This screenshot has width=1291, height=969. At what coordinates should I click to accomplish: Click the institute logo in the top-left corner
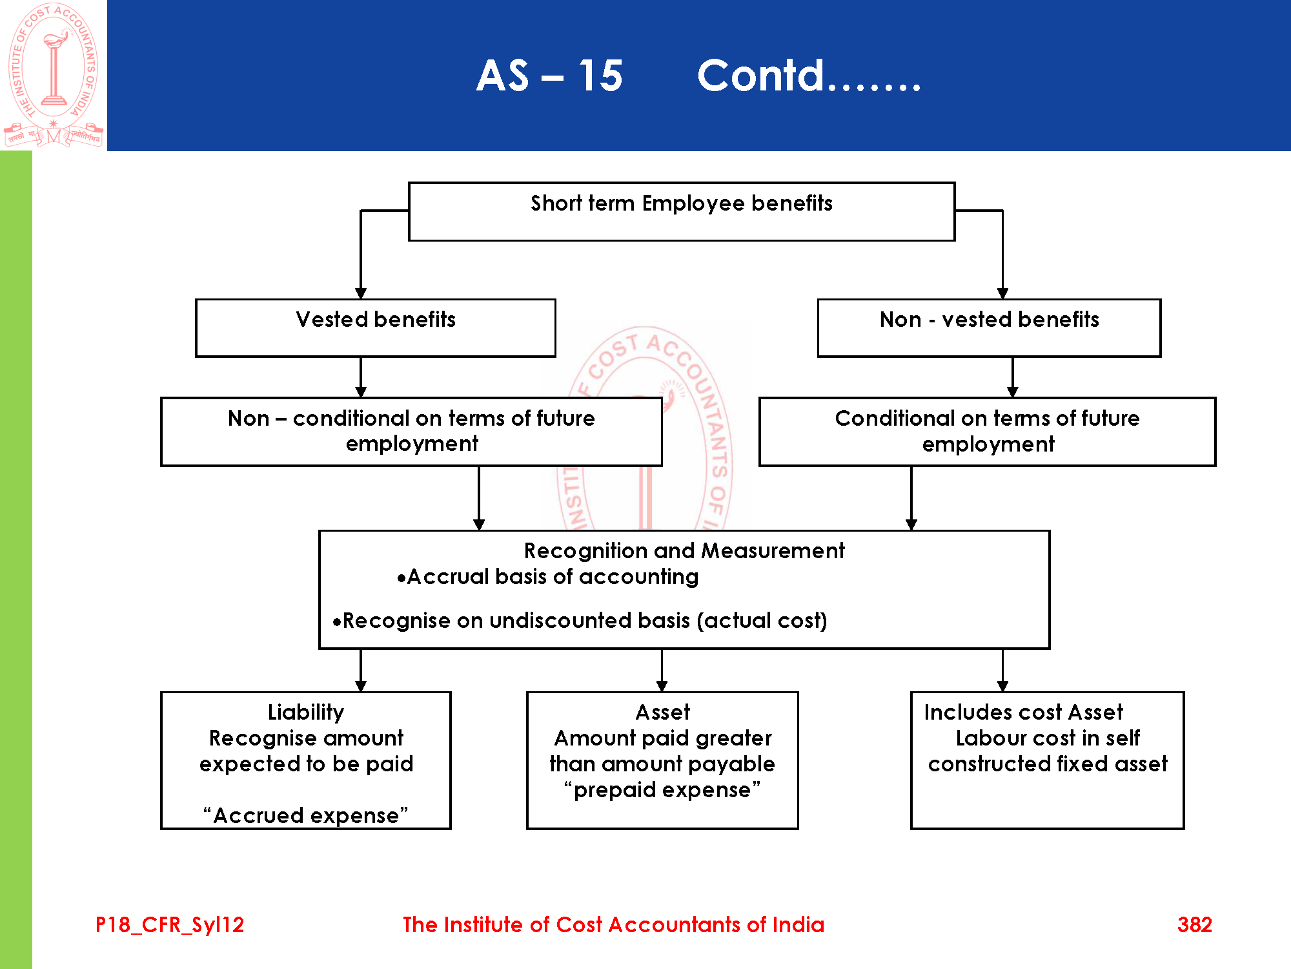coord(54,75)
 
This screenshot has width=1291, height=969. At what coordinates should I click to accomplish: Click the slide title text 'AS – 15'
coord(549,76)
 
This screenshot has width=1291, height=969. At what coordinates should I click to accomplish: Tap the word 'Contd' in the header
coord(761,76)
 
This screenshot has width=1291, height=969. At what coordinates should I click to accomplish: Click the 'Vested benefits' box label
coord(376,320)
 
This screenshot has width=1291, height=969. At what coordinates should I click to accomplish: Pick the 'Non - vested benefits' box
coord(989,320)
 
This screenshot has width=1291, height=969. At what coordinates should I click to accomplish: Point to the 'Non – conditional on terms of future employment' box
coord(411,431)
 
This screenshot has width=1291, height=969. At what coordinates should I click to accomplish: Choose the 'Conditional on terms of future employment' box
coord(987,431)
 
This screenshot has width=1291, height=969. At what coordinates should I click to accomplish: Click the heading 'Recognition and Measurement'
coord(684,551)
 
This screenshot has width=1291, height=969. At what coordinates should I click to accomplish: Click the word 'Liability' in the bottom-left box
coord(306,713)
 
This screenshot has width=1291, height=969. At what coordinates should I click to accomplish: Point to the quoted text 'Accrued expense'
coord(306,816)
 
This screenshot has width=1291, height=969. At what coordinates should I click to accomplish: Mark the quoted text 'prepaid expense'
coord(662,790)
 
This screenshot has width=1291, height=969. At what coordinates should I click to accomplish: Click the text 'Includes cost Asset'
coord(1023,713)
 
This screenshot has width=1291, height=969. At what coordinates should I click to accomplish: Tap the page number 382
coord(1194,925)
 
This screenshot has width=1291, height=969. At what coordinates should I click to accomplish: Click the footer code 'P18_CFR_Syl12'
coord(170,925)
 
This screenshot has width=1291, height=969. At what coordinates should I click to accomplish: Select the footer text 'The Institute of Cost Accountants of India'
coord(613,925)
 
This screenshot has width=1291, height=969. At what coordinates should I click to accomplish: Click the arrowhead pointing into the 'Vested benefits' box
coord(361,294)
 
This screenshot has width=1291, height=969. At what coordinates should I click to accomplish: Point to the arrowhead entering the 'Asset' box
coord(662,686)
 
